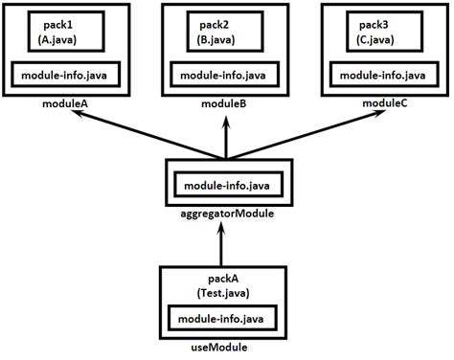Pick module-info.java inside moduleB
226,74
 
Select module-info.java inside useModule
225,317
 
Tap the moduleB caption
226,102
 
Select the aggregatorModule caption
226,214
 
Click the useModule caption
225,347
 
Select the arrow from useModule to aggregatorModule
226,244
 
